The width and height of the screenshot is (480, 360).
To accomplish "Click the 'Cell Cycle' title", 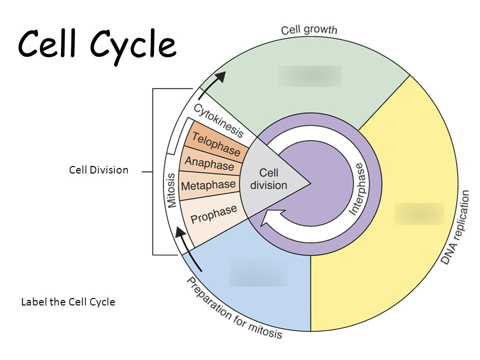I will coord(97,45).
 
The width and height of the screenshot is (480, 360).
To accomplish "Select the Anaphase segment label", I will coord(209,163).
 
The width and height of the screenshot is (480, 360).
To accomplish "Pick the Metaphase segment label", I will coord(208,185).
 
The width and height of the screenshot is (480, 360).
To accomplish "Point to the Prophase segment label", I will coord(213,214).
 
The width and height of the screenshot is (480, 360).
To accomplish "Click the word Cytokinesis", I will coord(218,120).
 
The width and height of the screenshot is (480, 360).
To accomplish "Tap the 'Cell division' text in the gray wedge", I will coord(268,179).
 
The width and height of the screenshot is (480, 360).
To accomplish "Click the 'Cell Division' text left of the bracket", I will coord(98,170).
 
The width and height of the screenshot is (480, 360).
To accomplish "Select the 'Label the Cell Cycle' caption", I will coord(68,302).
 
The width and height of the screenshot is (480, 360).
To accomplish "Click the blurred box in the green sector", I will coord(309,76).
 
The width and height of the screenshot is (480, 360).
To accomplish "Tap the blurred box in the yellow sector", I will coord(419,213).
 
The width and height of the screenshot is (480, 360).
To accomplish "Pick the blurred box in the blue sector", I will coord(258,272).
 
